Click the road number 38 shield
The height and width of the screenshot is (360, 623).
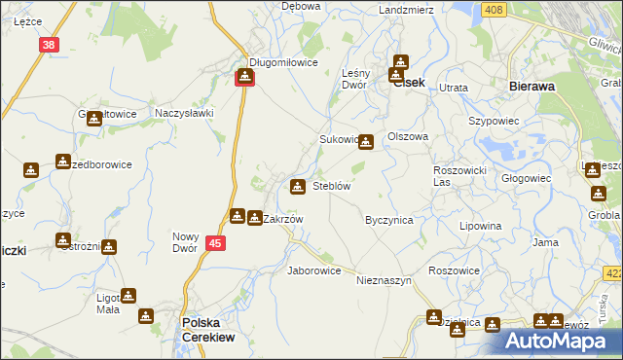click(x=50, y=44)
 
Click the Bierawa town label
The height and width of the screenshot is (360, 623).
click(x=531, y=86)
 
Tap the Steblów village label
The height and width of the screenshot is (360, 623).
click(x=331, y=185)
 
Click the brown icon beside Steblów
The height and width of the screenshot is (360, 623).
click(x=297, y=185)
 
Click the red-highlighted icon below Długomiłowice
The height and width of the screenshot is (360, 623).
click(x=244, y=76)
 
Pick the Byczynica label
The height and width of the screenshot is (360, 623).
click(x=389, y=220)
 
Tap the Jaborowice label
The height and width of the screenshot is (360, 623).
click(x=313, y=270)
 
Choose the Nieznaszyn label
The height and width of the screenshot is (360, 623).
click(x=385, y=279)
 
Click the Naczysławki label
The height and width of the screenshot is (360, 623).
click(x=184, y=113)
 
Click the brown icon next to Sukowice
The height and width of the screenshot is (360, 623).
click(x=365, y=141)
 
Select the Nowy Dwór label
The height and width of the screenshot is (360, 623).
click(x=185, y=241)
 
